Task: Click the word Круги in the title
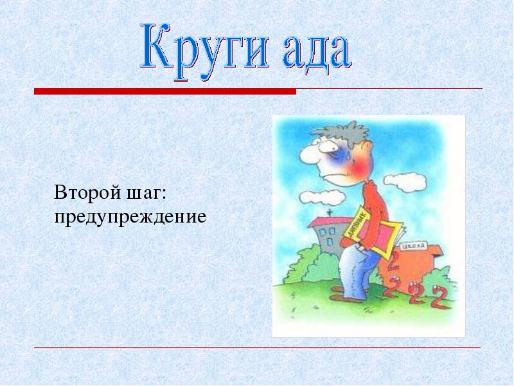(x=205, y=51)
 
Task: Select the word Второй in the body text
(x=87, y=192)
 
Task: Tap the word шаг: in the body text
(x=146, y=194)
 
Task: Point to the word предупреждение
(x=130, y=217)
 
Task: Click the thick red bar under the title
(x=165, y=91)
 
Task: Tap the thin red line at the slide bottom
(x=258, y=347)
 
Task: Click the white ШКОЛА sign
(x=414, y=246)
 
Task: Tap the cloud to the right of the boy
(x=405, y=181)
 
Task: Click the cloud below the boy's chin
(x=323, y=197)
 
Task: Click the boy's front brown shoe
(x=344, y=299)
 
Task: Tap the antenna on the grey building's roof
(x=328, y=213)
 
